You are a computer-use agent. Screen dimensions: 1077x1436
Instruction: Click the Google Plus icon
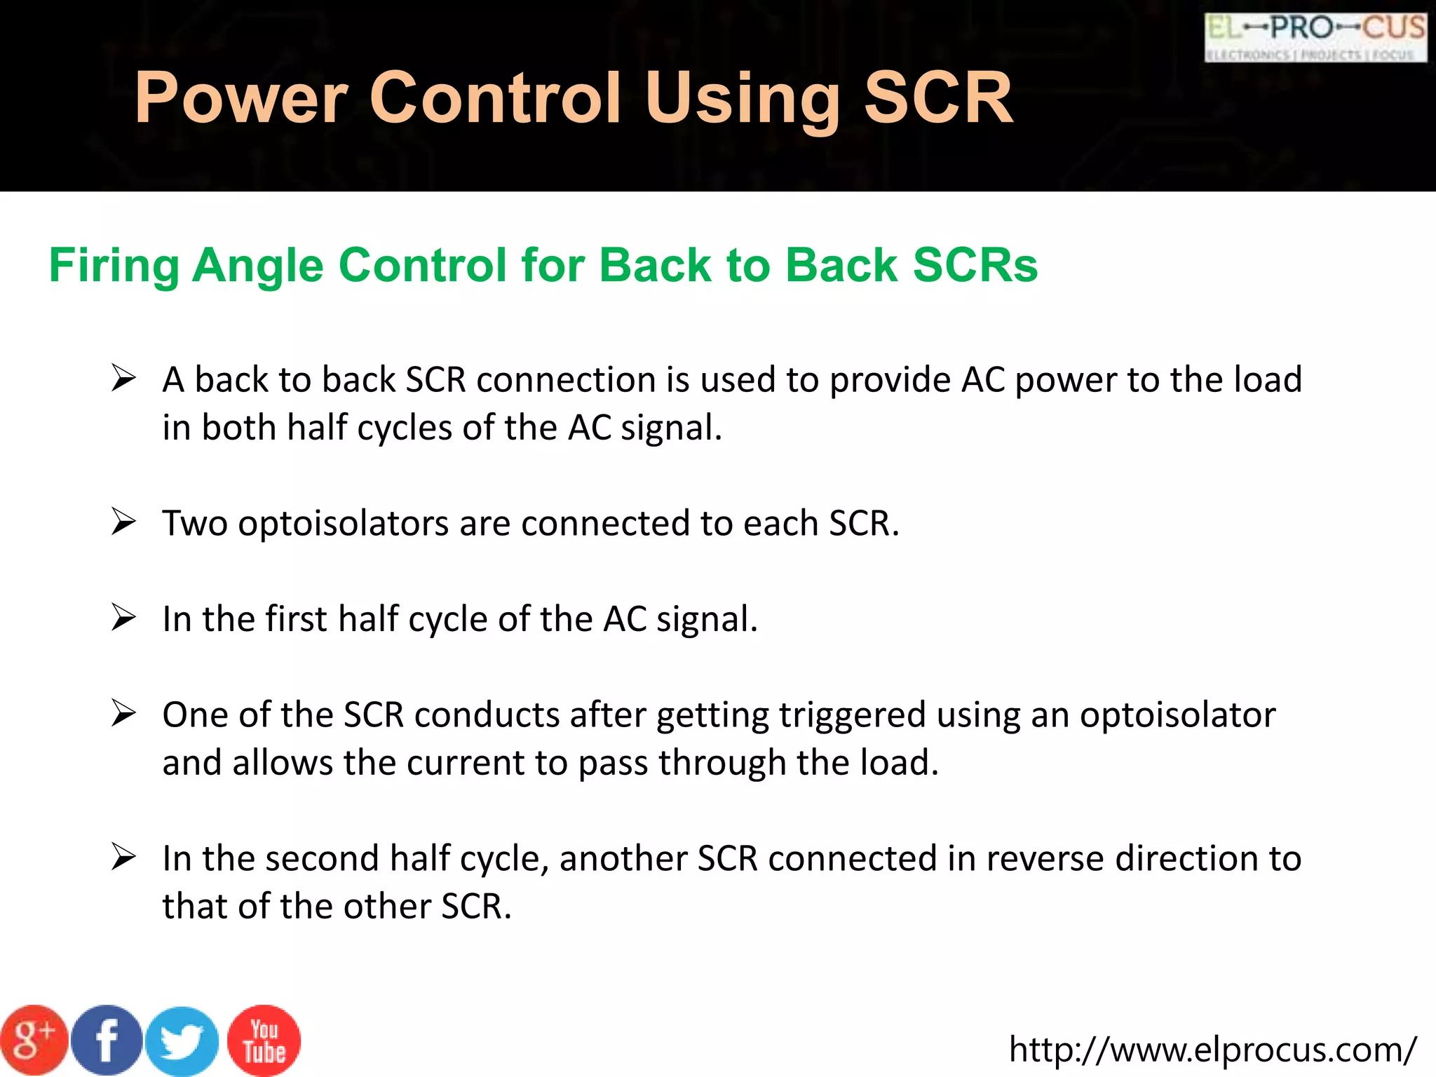pyautogui.click(x=33, y=1041)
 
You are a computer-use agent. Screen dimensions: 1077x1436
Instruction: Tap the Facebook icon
pyautogui.click(x=107, y=1041)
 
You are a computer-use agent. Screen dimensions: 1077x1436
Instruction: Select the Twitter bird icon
pyautogui.click(x=182, y=1041)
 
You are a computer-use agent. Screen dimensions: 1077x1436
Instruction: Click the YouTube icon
pyautogui.click(x=264, y=1041)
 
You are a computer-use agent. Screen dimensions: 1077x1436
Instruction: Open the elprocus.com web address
pyautogui.click(x=1212, y=1050)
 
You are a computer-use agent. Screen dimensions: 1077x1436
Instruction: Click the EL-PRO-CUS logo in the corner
pyautogui.click(x=1315, y=37)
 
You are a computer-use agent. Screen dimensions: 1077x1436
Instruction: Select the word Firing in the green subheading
pyautogui.click(x=114, y=266)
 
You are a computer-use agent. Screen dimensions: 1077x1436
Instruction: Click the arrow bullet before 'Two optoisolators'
pyautogui.click(x=123, y=522)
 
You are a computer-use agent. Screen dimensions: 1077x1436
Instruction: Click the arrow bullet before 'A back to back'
pyautogui.click(x=123, y=379)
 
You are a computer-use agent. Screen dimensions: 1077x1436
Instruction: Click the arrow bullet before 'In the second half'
pyautogui.click(x=123, y=858)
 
